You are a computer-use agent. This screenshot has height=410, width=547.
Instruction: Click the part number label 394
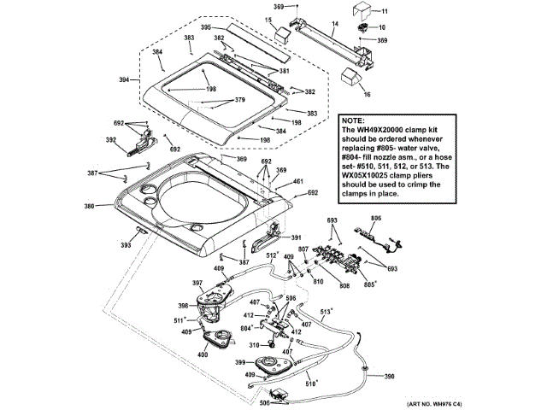coord(125,80)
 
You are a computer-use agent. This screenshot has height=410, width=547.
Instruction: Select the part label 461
coord(297,182)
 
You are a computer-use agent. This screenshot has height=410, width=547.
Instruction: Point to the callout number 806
coord(373,220)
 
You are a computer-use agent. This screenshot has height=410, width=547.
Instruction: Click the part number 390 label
coord(390,377)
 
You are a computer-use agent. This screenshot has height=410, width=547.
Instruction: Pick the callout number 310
coord(254,345)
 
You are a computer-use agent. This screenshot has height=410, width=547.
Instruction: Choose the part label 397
coord(197,283)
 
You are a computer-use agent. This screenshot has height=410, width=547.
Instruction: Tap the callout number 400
coord(203,354)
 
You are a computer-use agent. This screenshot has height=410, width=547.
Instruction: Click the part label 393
coord(126,245)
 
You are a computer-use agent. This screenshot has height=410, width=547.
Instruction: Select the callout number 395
coord(206,27)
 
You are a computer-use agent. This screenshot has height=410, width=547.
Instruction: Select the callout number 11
coord(384,11)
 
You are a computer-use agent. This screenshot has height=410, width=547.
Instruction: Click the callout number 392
coord(110,140)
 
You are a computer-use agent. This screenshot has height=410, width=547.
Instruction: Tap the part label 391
coord(296,237)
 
